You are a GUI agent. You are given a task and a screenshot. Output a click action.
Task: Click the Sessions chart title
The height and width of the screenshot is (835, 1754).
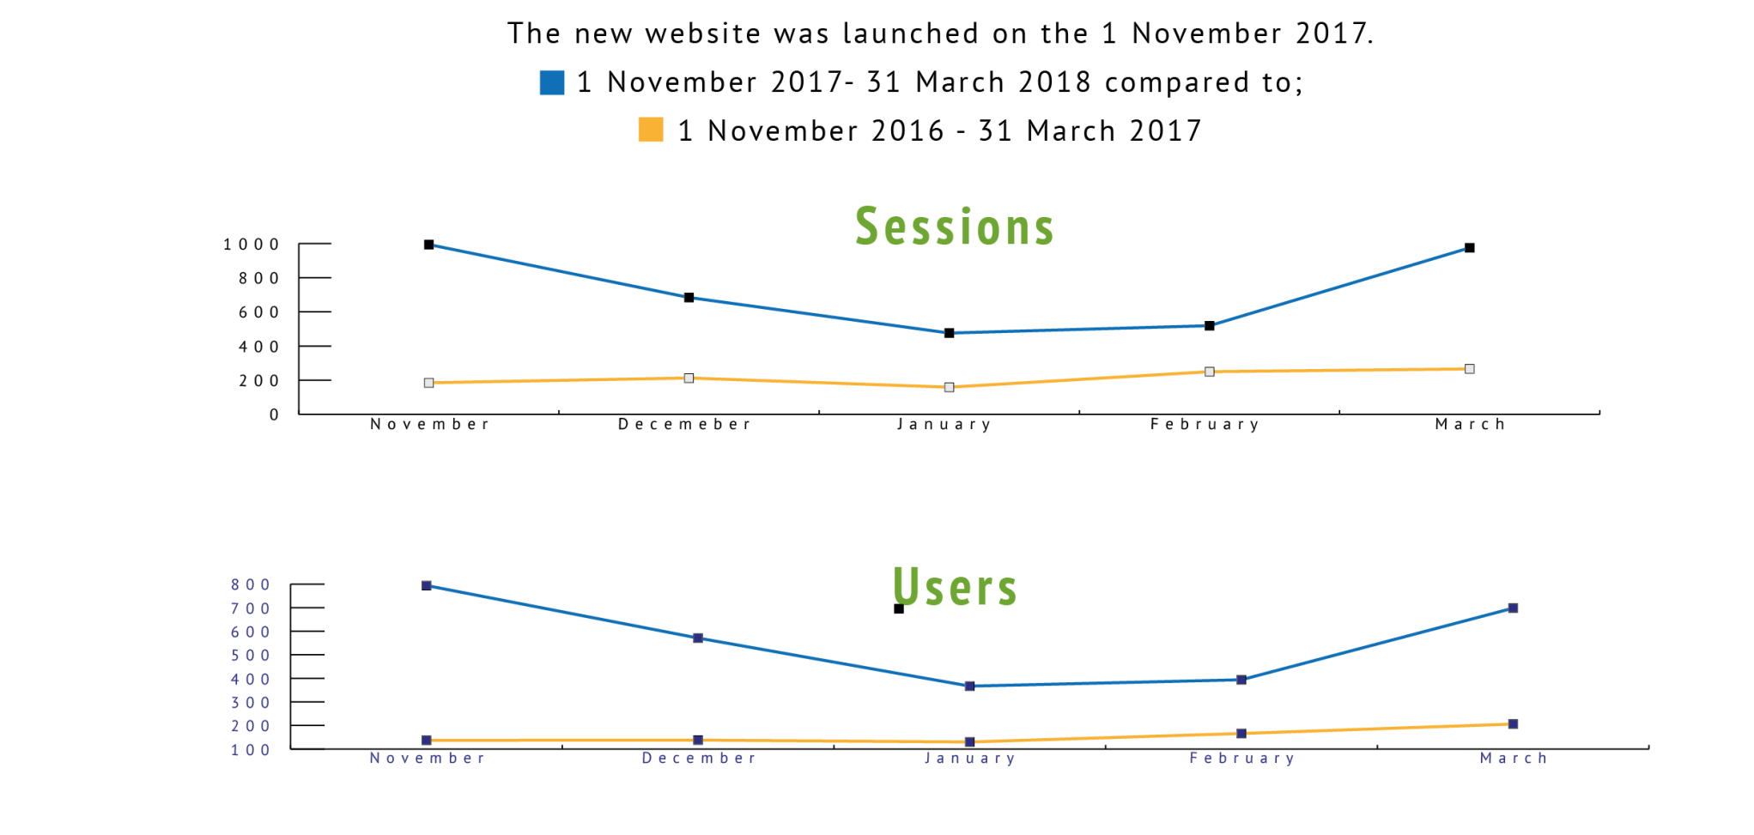(954, 227)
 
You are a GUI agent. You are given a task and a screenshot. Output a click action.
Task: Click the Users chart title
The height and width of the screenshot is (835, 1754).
(955, 588)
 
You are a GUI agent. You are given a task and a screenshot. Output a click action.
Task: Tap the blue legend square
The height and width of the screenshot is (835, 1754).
(551, 82)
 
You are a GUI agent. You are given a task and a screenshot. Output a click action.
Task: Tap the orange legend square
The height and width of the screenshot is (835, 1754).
(651, 130)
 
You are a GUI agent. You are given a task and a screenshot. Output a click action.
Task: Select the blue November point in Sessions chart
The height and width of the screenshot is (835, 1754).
(428, 245)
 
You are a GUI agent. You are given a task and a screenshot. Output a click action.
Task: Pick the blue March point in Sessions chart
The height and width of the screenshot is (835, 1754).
(1469, 248)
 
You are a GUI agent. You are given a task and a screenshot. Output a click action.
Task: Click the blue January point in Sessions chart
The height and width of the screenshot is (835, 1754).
(949, 333)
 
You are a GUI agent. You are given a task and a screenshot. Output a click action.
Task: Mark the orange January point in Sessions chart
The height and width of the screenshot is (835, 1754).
(949, 388)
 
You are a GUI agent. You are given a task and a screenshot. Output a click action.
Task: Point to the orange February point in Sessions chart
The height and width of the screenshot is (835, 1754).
(1209, 372)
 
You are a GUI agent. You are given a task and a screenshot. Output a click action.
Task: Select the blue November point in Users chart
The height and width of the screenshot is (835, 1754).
(426, 586)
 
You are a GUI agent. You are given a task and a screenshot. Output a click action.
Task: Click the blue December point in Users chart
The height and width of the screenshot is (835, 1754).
(697, 638)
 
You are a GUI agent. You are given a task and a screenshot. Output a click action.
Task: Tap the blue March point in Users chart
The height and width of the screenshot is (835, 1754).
(1513, 608)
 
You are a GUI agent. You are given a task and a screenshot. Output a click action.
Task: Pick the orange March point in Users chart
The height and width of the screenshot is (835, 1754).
(1513, 724)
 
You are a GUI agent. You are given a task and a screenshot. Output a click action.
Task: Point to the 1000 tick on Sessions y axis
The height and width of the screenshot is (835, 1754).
(252, 245)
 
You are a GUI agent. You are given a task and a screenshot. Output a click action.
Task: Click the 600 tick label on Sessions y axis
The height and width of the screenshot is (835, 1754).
(258, 312)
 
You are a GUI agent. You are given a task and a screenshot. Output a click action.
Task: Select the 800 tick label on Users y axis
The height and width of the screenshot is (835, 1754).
(250, 585)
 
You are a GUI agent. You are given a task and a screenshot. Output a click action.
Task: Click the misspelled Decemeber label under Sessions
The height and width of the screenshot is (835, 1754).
(684, 424)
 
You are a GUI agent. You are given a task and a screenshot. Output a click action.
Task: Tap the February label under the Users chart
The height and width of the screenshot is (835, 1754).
(1241, 759)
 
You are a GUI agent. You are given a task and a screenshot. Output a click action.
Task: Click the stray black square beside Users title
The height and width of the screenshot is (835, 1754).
(898, 609)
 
